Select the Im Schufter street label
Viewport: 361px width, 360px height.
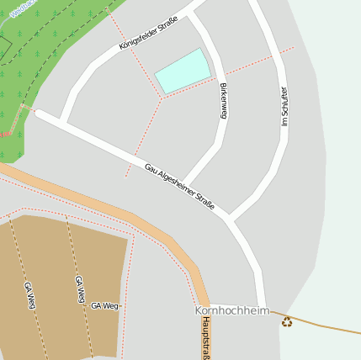[x=284, y=106]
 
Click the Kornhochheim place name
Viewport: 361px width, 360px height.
[x=232, y=310]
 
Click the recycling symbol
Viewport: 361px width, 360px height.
[x=287, y=321]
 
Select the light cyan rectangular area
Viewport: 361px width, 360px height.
[x=183, y=71]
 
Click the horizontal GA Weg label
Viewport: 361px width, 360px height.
[x=105, y=305]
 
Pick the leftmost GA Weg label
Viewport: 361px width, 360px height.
[x=30, y=295]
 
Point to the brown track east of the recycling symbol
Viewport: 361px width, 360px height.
[x=328, y=326]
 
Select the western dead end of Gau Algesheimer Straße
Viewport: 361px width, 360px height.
[x=38, y=113]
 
